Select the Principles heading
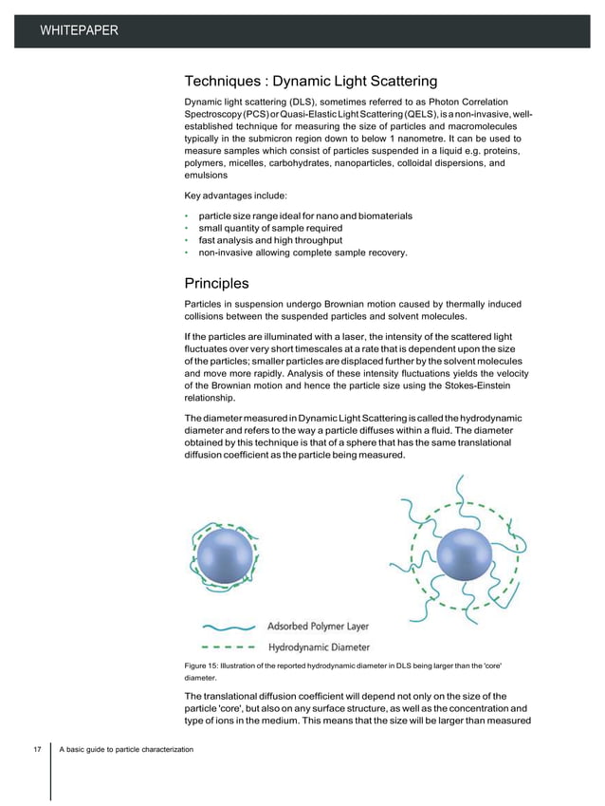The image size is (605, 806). [216, 283]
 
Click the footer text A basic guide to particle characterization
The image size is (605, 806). [126, 751]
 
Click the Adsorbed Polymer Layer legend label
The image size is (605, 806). [319, 627]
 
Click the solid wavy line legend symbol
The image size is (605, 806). [225, 628]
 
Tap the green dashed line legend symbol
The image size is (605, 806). [225, 648]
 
